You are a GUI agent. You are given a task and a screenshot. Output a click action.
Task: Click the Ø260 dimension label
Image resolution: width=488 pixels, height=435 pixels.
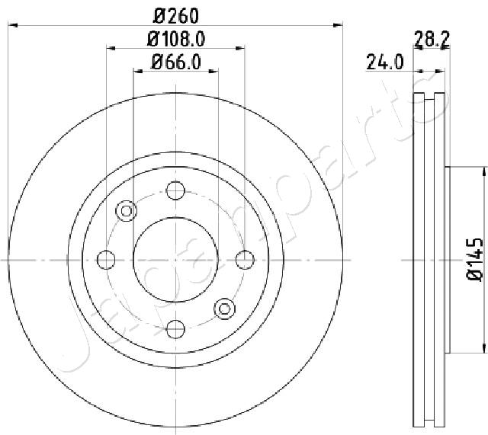click(176, 16)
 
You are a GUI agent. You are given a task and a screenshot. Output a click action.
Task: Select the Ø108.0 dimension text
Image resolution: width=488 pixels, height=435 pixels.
click(176, 40)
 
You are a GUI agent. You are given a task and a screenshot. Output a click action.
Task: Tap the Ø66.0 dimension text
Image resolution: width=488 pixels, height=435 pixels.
click(176, 62)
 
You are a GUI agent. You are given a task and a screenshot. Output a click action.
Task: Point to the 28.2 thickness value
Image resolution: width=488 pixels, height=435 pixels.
click(432, 39)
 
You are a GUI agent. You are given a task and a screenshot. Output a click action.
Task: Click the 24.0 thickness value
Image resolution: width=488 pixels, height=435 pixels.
click(385, 62)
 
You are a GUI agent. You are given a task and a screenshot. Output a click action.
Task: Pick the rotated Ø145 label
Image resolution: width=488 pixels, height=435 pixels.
click(475, 260)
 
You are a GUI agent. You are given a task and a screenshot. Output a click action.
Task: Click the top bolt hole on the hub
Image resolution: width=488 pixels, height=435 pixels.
click(175, 190)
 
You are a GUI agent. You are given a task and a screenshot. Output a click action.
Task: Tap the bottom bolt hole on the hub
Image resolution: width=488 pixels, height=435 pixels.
click(175, 329)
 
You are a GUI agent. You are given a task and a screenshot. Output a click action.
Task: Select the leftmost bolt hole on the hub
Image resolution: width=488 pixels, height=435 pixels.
click(106, 260)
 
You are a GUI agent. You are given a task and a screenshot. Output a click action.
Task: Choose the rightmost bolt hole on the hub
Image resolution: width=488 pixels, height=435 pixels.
click(246, 260)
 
